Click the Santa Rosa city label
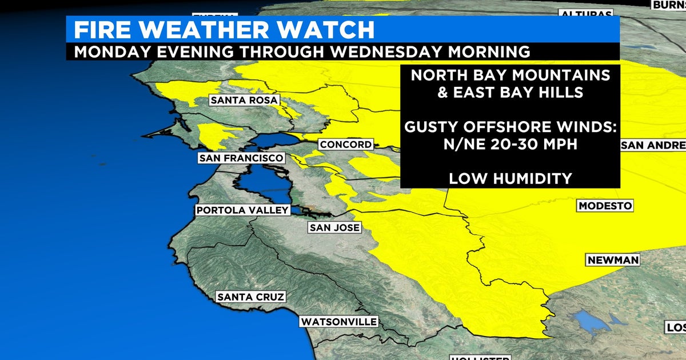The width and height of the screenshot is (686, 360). click(244, 100)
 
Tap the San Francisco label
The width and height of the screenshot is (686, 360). click(240, 158)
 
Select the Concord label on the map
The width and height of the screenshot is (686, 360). click(345, 145)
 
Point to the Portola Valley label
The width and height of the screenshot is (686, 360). click(242, 210)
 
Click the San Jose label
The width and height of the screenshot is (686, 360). click(334, 227)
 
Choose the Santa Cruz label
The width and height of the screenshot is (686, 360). click(250, 297)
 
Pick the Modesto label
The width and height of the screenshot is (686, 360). click(605, 206)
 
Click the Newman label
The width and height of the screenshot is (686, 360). click(613, 260)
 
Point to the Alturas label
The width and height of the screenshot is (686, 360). click(586, 14)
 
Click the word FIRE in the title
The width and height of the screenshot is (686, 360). click(103, 29)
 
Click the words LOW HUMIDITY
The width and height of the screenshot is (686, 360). click(510, 178)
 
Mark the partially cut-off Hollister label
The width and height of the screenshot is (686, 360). click(478, 358)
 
